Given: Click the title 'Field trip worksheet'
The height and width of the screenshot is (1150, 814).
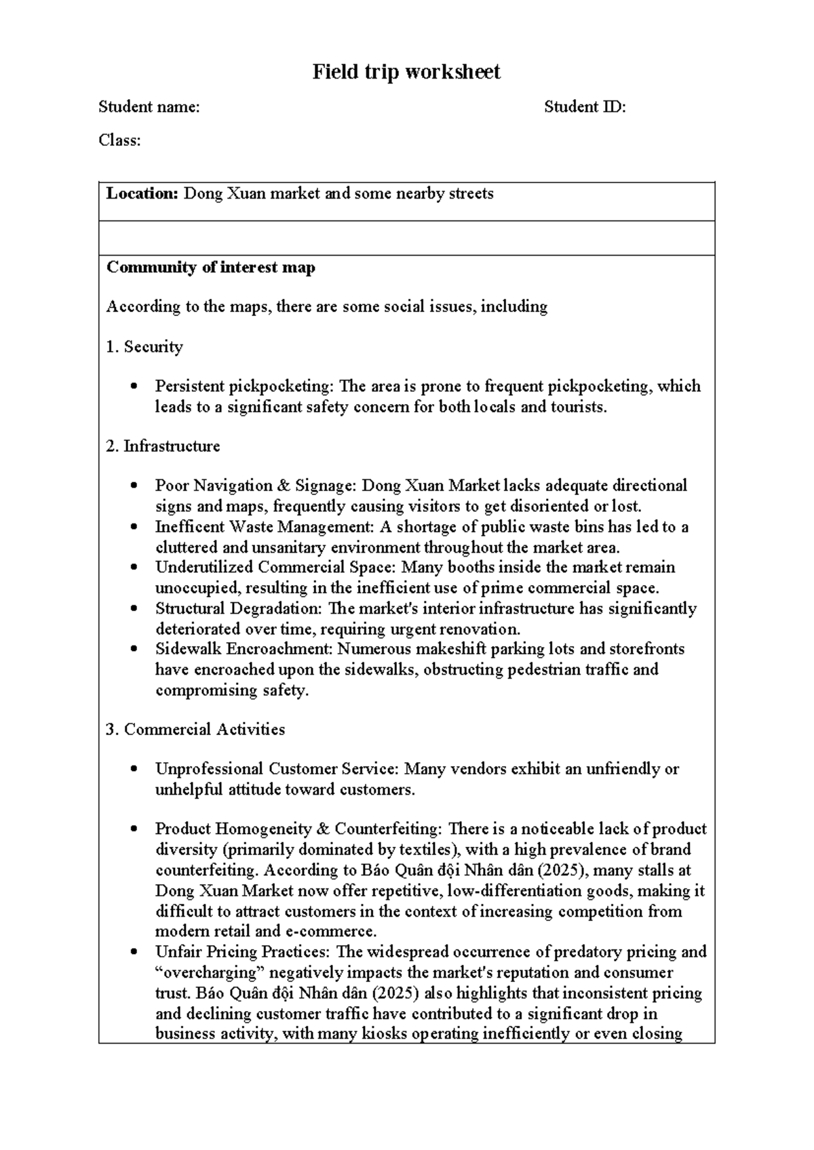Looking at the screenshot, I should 406,72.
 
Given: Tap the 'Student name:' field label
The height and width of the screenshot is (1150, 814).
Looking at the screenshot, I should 149,106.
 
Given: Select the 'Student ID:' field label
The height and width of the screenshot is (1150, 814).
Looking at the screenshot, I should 584,106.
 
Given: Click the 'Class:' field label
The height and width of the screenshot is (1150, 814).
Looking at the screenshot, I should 119,140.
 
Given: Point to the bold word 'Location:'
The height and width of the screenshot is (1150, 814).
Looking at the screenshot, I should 142,194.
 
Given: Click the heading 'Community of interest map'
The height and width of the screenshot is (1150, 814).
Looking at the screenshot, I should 210,267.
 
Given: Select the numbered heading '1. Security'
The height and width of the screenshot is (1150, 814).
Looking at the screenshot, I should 144,346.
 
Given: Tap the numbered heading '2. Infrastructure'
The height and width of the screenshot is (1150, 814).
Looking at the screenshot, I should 163,446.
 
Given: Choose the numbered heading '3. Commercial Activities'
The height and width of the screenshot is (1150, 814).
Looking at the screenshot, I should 195,730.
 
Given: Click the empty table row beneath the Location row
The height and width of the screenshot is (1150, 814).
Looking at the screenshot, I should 406,238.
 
